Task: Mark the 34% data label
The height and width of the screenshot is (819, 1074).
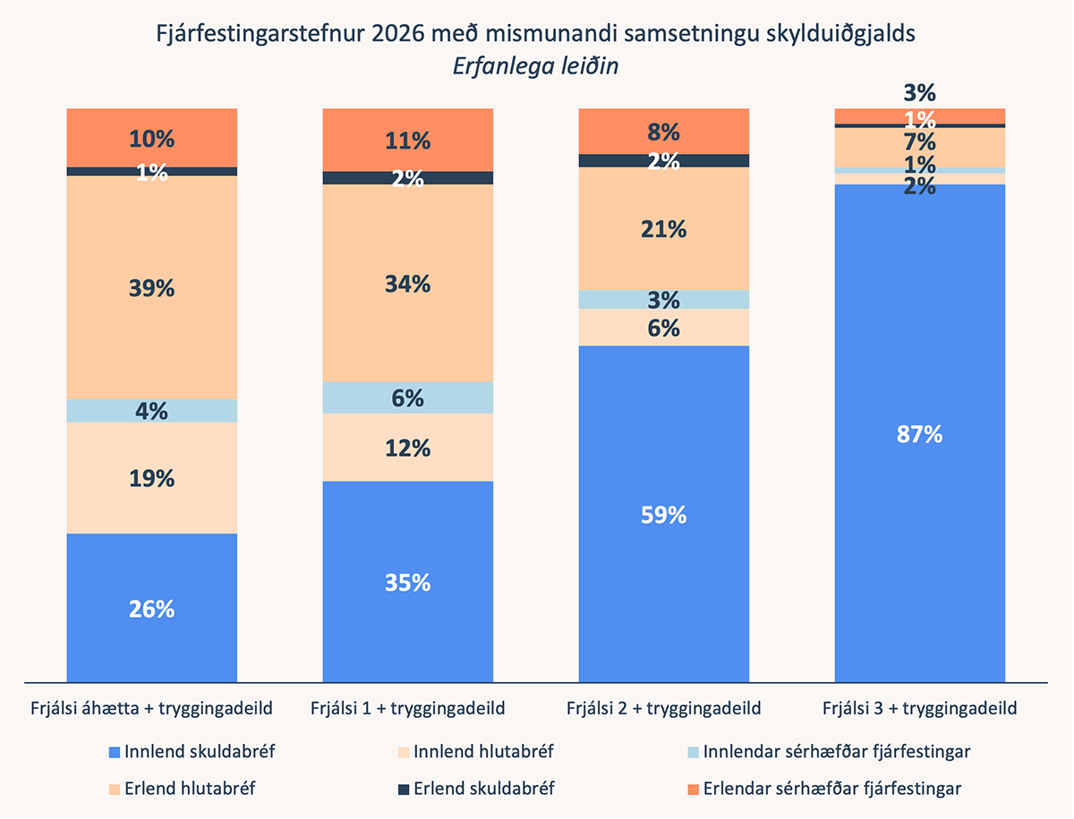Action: [x=408, y=285]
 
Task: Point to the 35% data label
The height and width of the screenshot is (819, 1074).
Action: [x=408, y=583]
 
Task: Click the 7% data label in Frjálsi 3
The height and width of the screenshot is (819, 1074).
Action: [x=920, y=142]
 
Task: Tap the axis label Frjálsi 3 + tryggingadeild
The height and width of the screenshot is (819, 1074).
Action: [x=920, y=708]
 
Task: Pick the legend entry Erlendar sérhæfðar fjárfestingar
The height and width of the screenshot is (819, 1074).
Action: [x=832, y=789]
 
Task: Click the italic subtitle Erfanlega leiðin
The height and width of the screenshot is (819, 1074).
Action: [x=537, y=66]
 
